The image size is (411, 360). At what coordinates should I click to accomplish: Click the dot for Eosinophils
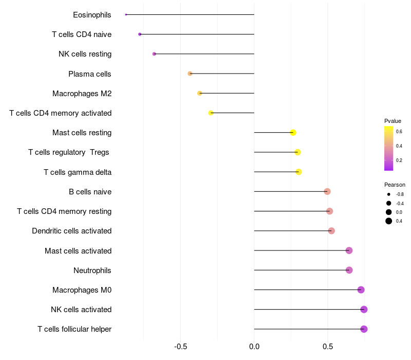click(126, 14)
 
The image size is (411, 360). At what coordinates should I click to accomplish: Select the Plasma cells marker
click(190, 74)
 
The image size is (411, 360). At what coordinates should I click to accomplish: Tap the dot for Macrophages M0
click(361, 290)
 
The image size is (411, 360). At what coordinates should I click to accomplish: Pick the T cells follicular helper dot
click(364, 329)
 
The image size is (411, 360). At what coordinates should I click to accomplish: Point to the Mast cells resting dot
click(293, 133)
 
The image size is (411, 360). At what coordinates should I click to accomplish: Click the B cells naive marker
click(327, 191)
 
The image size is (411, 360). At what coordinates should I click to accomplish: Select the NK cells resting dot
click(154, 54)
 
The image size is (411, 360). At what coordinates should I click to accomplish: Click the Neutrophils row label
click(92, 271)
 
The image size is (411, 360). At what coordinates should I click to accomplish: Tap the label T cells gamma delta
click(78, 172)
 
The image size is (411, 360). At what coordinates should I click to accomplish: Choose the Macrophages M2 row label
click(82, 94)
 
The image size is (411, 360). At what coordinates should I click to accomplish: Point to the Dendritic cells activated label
click(72, 231)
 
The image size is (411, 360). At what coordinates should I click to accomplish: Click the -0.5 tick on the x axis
click(181, 347)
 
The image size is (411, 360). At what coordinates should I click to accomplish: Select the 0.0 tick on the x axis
click(254, 347)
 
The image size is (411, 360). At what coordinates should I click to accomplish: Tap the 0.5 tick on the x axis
click(328, 347)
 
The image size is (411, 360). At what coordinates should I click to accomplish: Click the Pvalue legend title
click(393, 121)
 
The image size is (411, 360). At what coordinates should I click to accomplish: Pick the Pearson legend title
click(395, 185)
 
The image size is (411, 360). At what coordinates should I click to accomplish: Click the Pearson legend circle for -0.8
click(389, 194)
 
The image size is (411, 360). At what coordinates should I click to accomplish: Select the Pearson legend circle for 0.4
click(389, 221)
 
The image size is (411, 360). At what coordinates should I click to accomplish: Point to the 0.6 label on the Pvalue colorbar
click(399, 132)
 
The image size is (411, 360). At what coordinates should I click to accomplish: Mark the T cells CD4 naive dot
click(140, 34)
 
